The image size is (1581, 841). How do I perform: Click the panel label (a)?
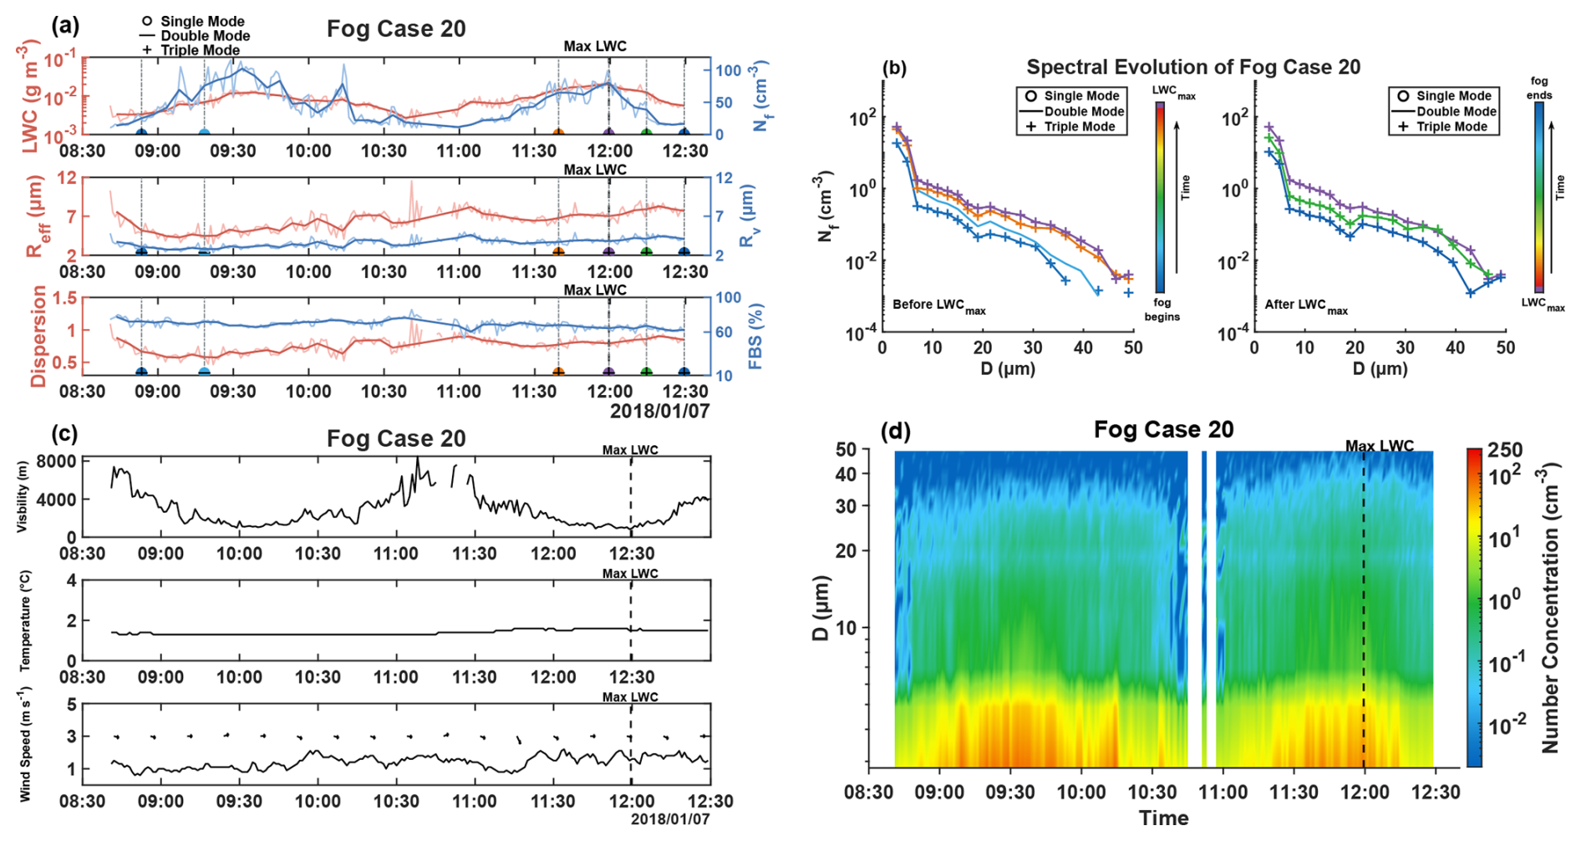(64, 25)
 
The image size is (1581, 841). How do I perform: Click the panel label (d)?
(896, 431)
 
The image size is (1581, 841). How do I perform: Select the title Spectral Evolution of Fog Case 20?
(1193, 67)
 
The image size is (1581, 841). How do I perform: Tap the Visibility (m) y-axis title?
(23, 497)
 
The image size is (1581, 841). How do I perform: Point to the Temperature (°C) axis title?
(25, 620)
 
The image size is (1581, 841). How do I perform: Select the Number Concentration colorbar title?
(1550, 609)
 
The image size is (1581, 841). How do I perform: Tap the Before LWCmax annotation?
(938, 306)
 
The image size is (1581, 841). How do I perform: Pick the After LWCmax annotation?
(1305, 306)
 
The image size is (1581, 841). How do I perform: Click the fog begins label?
(1162, 309)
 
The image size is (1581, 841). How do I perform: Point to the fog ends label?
(1539, 88)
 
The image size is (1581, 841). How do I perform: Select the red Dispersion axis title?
(38, 336)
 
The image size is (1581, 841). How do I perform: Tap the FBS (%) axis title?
(755, 336)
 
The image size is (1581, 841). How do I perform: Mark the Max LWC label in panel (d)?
(1379, 446)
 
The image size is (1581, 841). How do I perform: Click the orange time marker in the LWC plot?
(559, 132)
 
